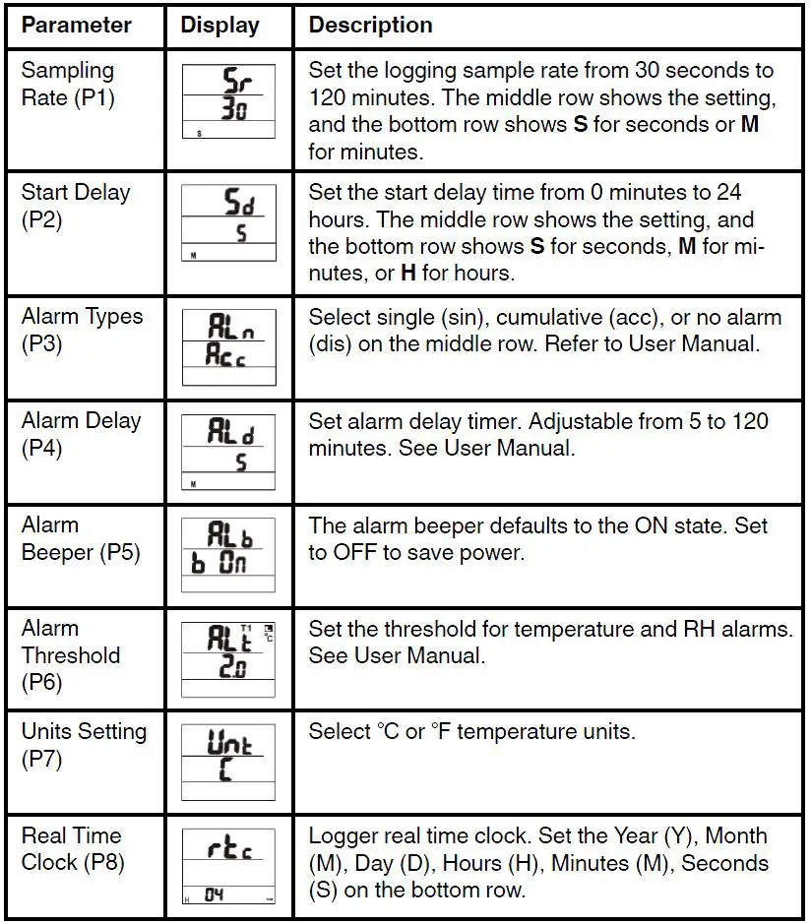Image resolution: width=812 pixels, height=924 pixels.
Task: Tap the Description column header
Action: pyautogui.click(x=370, y=26)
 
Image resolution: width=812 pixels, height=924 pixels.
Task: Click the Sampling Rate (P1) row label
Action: pyautogui.click(x=68, y=85)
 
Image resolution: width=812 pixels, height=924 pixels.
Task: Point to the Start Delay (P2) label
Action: pyautogui.click(x=76, y=206)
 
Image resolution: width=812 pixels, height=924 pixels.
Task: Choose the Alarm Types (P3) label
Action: pyautogui.click(x=82, y=331)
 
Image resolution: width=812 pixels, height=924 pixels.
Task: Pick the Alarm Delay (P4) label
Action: pyautogui.click(x=82, y=434)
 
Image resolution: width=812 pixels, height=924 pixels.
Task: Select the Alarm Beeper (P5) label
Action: pyautogui.click(x=81, y=538)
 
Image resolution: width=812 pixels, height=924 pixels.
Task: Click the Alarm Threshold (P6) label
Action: pyautogui.click(x=71, y=655)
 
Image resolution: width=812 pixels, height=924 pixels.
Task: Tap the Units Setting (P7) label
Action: pyautogui.click(x=84, y=745)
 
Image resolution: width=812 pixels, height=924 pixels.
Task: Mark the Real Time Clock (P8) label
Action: pyautogui.click(x=71, y=849)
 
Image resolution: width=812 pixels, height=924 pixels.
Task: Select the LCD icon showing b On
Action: pyautogui.click(x=228, y=556)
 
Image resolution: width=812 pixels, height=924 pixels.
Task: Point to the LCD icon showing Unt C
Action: pyautogui.click(x=228, y=764)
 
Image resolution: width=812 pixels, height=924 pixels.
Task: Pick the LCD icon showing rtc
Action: pyautogui.click(x=228, y=867)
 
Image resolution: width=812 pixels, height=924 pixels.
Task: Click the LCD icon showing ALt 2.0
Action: pyautogui.click(x=228, y=659)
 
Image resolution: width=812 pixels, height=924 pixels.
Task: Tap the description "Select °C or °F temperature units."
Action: pyautogui.click(x=472, y=732)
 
